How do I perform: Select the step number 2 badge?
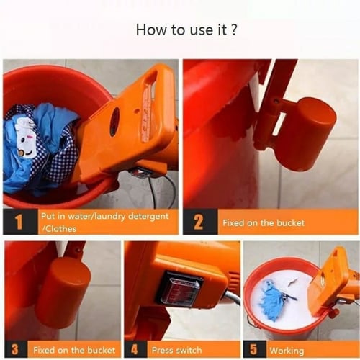[198, 222]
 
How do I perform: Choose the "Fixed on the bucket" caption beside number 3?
[74, 351]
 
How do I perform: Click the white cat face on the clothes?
[26, 137]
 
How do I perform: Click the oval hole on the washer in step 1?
[114, 122]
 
